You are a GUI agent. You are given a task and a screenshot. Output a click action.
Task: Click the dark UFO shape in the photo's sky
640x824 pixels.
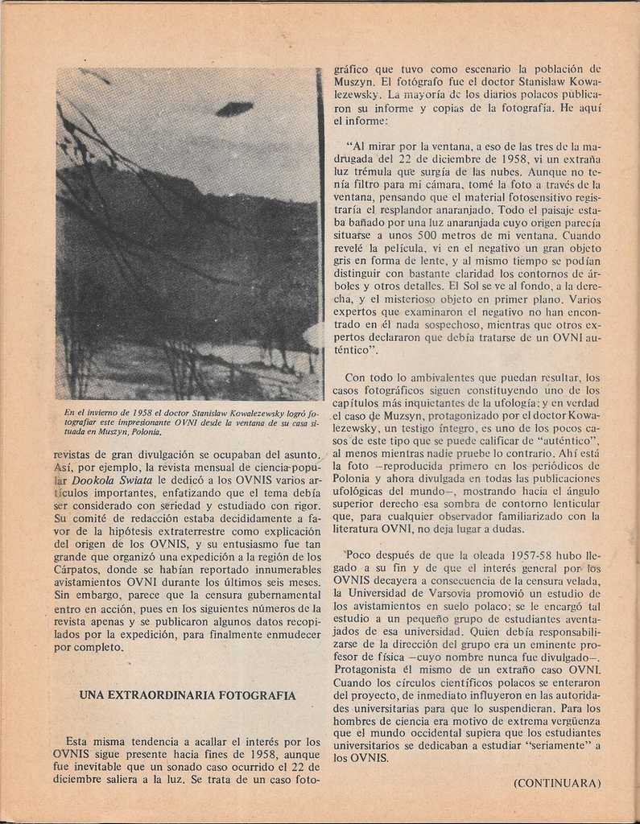(234, 109)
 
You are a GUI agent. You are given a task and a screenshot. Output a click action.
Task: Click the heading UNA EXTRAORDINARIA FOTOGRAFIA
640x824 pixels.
(188, 695)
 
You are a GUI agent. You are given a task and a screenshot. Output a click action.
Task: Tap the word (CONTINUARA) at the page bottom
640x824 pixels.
(557, 783)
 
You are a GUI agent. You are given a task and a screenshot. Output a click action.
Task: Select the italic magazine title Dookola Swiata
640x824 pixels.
(111, 480)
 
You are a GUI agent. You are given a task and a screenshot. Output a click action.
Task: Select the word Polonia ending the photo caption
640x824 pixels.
(145, 432)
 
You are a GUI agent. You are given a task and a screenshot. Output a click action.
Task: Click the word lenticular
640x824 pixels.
(570, 503)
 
